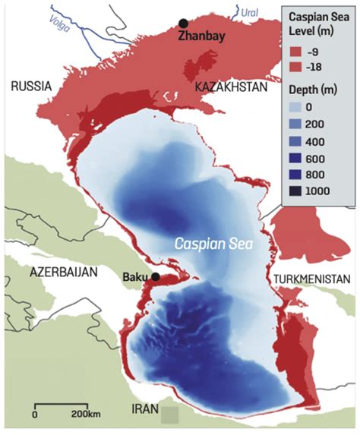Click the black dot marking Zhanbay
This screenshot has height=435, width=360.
pos(183,24)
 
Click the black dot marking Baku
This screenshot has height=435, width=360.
pos(156,276)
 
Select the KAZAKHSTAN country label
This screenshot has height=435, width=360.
pos(232,88)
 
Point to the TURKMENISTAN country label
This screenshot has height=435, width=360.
pos(314,278)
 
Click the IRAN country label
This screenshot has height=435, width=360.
pos(144,410)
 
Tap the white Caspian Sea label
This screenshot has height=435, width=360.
pos(213,246)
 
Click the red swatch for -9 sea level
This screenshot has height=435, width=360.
pos(295,54)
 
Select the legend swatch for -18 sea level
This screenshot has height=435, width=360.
pos(295,71)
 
